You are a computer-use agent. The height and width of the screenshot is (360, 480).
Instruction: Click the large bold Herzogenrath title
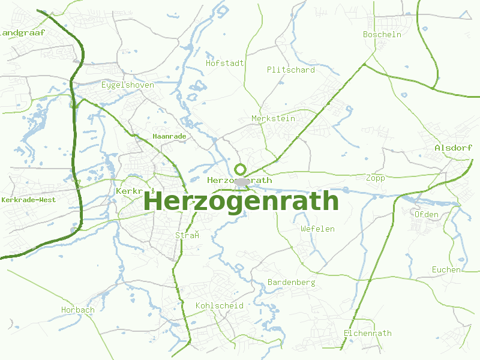click(x=241, y=201)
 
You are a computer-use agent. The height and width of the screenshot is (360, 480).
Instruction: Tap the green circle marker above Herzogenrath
click(x=241, y=169)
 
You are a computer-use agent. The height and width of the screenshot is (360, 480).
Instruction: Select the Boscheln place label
click(x=382, y=34)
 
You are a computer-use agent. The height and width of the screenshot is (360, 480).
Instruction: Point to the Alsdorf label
click(x=453, y=148)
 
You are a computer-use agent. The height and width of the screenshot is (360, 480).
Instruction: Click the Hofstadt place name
click(x=224, y=62)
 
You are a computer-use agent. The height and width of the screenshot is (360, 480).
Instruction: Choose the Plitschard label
click(x=290, y=70)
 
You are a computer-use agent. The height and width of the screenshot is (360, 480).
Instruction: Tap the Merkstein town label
click(x=273, y=118)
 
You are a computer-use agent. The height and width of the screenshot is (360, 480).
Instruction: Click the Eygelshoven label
click(x=127, y=85)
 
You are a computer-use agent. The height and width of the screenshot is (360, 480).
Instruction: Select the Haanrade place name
click(x=169, y=136)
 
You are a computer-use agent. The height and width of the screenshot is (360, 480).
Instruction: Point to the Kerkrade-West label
click(x=29, y=199)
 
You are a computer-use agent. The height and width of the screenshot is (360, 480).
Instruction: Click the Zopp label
click(x=375, y=178)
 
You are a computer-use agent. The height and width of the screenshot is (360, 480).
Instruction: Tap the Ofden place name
click(x=426, y=214)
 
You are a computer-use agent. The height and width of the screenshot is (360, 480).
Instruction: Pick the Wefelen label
click(x=317, y=229)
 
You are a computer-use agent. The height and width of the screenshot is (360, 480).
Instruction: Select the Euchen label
click(x=446, y=269)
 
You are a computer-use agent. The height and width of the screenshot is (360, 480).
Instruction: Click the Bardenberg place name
click(x=291, y=282)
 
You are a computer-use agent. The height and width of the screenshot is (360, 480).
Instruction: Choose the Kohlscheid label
click(x=219, y=305)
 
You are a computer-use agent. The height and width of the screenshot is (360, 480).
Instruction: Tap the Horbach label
click(x=77, y=310)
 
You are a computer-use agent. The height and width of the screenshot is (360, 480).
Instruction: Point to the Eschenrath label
click(x=367, y=333)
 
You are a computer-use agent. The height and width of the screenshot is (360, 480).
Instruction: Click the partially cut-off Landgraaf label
click(x=16, y=32)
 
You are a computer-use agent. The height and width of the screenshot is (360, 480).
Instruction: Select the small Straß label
click(x=187, y=235)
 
